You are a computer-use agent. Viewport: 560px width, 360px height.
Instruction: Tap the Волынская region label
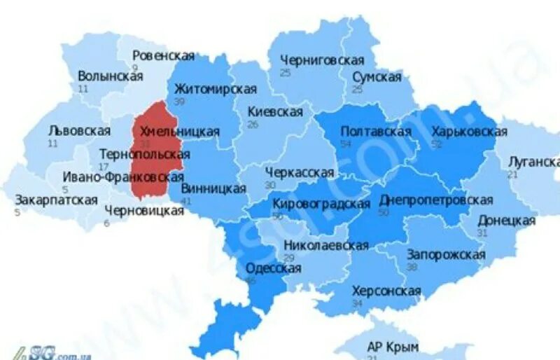(111, 76)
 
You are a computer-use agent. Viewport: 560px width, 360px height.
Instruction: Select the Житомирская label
(215, 90)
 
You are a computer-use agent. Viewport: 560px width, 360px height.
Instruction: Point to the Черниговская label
(322, 60)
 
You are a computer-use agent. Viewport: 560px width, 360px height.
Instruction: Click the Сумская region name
(377, 77)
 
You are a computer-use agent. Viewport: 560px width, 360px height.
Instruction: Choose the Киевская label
(275, 112)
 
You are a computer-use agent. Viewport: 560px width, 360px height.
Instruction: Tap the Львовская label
(79, 131)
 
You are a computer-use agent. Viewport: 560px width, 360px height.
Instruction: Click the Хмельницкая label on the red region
(180, 132)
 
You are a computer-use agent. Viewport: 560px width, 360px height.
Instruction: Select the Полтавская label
(375, 132)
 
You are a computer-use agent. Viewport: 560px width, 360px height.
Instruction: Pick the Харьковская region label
(469, 132)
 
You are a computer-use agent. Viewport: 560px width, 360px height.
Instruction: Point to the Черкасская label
(300, 172)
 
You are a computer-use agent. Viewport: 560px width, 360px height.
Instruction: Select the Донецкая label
(506, 221)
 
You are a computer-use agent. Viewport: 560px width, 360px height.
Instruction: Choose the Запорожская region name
(446, 254)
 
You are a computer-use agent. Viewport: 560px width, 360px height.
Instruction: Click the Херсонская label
(386, 291)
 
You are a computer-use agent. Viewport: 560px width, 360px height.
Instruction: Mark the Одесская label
(273, 268)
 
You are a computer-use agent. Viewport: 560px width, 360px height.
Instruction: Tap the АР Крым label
(392, 347)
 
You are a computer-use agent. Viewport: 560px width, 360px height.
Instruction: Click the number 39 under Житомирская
(179, 102)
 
